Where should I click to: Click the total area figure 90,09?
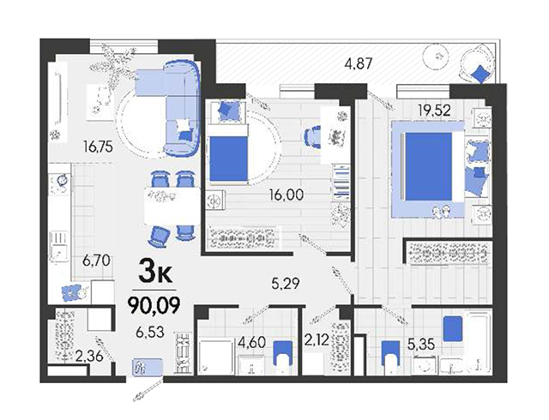[x=154, y=305]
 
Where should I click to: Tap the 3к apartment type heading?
[x=155, y=273]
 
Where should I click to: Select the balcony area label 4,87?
[x=359, y=64]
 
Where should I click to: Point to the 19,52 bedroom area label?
[x=434, y=111]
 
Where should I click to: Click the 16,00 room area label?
[x=286, y=195]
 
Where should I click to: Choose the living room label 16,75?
[x=98, y=147]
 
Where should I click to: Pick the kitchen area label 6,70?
[x=96, y=261]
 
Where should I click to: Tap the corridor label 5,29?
[x=286, y=284]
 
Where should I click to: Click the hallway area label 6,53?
[x=150, y=332]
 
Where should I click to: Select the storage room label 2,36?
[x=89, y=357]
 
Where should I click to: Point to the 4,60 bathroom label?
[x=251, y=342]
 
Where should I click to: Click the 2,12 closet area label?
[x=317, y=339]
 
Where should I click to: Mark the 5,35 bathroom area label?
[x=421, y=345]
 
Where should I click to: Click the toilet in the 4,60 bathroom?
[x=282, y=357]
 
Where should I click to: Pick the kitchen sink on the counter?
[x=59, y=246]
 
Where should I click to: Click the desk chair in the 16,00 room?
[x=312, y=137]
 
